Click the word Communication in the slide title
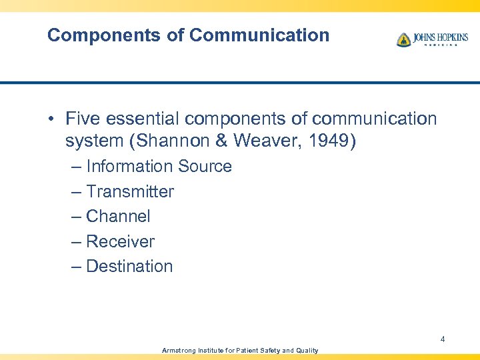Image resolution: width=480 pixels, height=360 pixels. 259,35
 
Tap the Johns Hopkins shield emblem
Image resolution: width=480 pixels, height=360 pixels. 403,39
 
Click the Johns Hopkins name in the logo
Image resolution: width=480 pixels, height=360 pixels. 440,37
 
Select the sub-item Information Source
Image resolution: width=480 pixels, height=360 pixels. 159,167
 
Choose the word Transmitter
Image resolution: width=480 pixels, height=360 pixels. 130,192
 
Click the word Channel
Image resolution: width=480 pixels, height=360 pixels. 118,217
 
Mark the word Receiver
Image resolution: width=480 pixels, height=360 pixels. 120,241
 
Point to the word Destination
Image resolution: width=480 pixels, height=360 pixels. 129,267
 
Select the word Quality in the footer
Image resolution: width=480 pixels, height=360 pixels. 306,351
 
